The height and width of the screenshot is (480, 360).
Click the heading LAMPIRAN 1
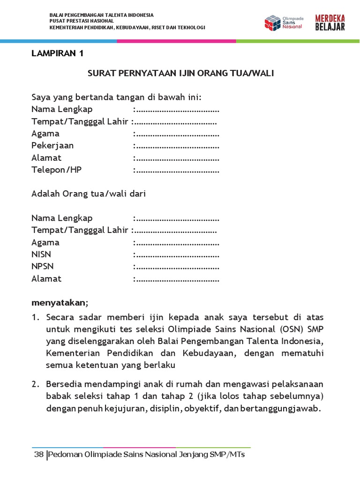57,53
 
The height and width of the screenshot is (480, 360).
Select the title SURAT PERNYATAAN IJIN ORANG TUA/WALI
181,74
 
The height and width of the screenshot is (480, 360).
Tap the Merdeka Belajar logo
330,22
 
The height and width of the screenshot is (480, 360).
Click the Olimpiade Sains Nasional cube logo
272,22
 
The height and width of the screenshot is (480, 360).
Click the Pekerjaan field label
52,145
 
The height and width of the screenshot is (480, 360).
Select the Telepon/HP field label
56,170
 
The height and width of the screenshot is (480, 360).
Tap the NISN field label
41,255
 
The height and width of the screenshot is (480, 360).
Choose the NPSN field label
42,267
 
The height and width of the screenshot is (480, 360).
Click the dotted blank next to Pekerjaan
177,146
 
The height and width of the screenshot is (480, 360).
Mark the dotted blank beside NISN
177,255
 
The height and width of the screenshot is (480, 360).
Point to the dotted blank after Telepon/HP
177,170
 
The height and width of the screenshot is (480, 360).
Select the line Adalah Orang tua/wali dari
89,194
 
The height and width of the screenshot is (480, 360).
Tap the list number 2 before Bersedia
35,384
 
